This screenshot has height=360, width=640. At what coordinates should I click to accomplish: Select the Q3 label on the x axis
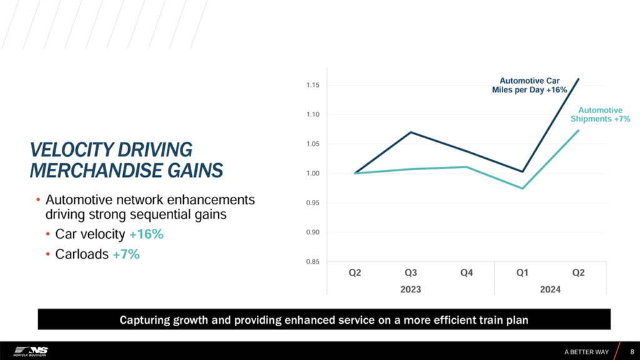(411, 273)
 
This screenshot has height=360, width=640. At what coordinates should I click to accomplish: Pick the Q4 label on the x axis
(466, 273)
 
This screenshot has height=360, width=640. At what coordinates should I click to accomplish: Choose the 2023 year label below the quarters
(411, 289)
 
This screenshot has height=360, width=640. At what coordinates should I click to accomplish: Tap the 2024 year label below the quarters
(551, 289)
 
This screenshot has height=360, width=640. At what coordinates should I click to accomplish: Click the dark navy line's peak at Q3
(411, 132)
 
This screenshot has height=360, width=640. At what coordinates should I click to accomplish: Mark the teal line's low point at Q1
(522, 188)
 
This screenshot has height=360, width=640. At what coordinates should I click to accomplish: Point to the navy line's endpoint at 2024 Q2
(579, 79)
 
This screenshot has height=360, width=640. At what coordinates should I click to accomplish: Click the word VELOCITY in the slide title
(69, 150)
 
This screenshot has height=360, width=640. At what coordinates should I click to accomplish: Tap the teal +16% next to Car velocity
(147, 234)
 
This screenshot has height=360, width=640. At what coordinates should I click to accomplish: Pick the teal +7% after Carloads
(126, 254)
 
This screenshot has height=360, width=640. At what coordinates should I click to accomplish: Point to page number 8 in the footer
(632, 351)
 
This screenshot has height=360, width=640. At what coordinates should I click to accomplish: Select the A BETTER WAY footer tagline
(586, 351)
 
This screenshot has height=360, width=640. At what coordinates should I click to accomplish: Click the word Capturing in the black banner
(144, 320)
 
